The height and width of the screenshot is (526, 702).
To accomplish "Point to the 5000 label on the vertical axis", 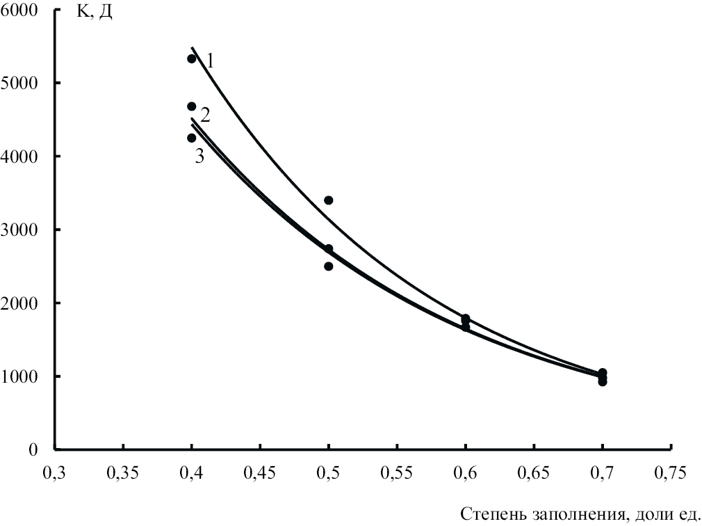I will coord(23,83).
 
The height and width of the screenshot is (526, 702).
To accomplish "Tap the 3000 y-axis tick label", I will coord(23,230).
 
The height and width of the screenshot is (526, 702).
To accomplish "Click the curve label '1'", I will coord(210,61).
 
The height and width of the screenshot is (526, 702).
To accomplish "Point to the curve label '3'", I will coord(199,156).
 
